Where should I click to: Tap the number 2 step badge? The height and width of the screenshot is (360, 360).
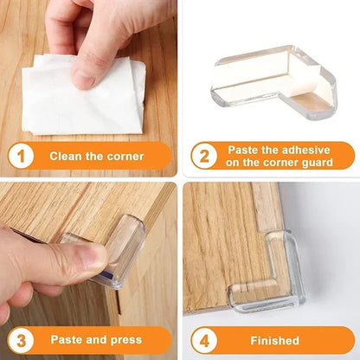coord(203,156)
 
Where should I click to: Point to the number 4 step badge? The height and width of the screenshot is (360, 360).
coord(203,340)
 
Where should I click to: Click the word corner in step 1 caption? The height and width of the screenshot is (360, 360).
coord(125,157)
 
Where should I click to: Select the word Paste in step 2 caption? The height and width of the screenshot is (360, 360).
coord(241,149)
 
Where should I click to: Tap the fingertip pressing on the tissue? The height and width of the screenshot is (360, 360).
coord(85,78)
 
